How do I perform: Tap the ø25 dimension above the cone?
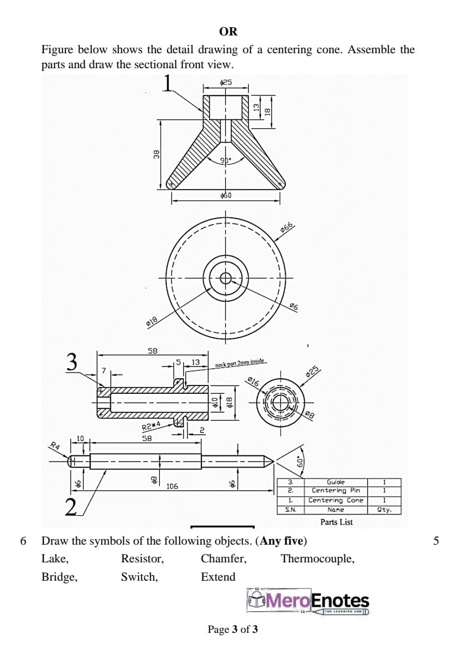pyautogui.click(x=226, y=83)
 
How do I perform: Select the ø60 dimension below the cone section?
pyautogui.click(x=226, y=195)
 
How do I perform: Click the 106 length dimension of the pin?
pyautogui.click(x=173, y=486)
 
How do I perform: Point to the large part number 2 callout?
pyautogui.click(x=70, y=506)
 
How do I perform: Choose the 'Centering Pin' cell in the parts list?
pyautogui.click(x=336, y=490)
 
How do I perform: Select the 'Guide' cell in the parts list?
pyautogui.click(x=336, y=483)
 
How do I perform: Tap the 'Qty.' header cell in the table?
pyautogui.click(x=384, y=510)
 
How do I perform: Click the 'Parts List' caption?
pyautogui.click(x=336, y=522)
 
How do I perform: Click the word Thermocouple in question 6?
pyautogui.click(x=317, y=559)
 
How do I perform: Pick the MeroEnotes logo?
pyautogui.click(x=309, y=601)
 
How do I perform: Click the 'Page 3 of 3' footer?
pyautogui.click(x=232, y=629)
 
